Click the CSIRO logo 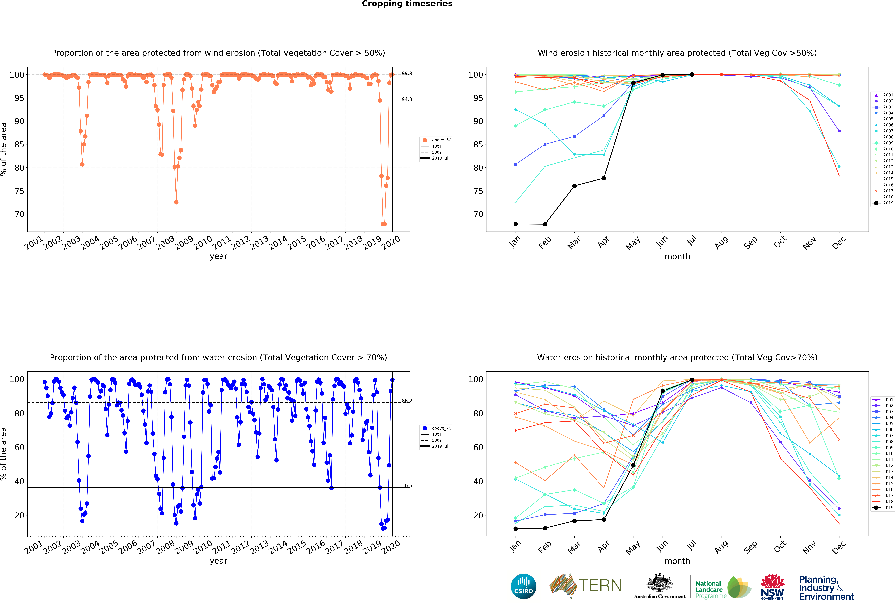tap(523, 587)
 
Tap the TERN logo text tap(600, 585)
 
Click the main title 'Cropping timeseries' tap(407, 4)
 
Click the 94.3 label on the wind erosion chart tap(407, 99)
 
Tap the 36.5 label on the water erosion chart tap(407, 486)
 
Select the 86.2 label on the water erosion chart tap(407, 401)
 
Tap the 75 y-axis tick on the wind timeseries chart tap(19, 191)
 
